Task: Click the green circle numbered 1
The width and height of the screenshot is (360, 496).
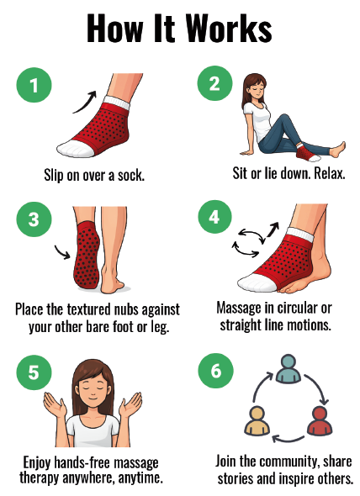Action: point(34,85)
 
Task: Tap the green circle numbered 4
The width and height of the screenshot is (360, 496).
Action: point(215,217)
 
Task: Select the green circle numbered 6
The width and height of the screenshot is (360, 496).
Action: point(216,371)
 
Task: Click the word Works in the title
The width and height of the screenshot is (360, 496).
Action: point(229,28)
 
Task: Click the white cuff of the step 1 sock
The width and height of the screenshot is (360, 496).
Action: point(116,103)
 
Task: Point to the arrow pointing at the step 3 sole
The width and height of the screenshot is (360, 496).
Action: point(62,252)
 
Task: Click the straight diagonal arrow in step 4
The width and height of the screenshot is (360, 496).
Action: point(273,229)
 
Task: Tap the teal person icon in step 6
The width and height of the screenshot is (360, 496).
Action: point(289,369)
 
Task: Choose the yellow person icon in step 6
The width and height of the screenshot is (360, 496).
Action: point(257,421)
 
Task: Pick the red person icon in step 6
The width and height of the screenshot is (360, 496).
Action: point(320,421)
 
